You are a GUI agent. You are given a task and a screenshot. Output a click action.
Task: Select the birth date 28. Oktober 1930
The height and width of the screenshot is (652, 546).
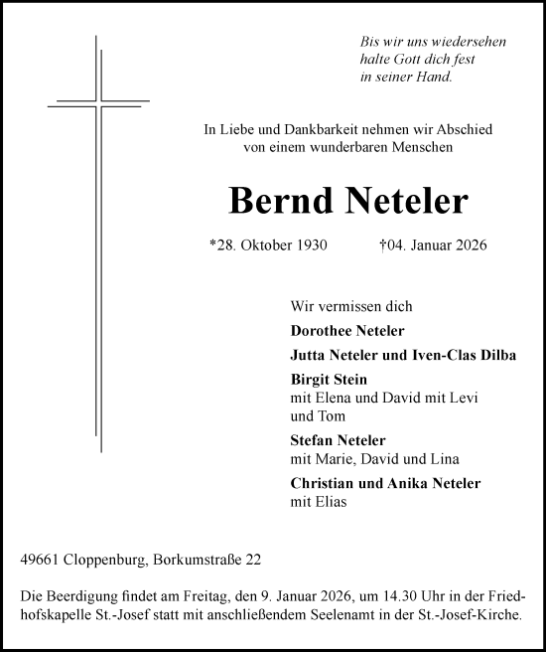pyautogui.click(x=267, y=245)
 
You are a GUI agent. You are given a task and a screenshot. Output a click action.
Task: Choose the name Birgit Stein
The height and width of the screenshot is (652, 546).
pyautogui.click(x=329, y=380)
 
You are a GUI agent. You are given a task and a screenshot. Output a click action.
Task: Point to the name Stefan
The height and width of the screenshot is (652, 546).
pyautogui.click(x=312, y=440)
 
